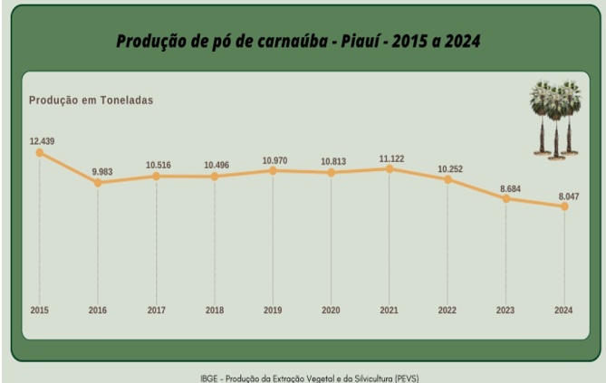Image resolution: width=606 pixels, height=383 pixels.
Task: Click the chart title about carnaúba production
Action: point(298,42)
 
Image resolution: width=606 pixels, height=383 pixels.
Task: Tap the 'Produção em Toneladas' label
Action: point(91,100)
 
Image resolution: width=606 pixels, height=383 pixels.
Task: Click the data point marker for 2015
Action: point(40,152)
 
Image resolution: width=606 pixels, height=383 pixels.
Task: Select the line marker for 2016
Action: point(98,183)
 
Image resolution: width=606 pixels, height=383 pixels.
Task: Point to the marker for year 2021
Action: point(390,168)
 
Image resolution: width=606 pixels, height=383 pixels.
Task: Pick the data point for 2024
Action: point(564,206)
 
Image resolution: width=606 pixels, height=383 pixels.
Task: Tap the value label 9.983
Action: point(101,171)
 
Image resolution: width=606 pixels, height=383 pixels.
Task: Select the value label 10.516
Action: point(159,165)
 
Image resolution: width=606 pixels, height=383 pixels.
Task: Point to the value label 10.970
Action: point(274,160)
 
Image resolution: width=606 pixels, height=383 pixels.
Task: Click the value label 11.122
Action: point(391,158)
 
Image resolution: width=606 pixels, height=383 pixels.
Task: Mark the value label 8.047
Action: point(567,196)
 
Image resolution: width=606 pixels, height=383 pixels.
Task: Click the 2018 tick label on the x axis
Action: point(214,310)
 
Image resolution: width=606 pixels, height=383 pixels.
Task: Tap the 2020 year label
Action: point(331,310)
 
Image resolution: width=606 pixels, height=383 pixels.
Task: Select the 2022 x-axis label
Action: point(447,310)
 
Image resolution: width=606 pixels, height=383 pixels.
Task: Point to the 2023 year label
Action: point(505,310)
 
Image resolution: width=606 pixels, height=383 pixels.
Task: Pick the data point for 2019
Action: point(273,170)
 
